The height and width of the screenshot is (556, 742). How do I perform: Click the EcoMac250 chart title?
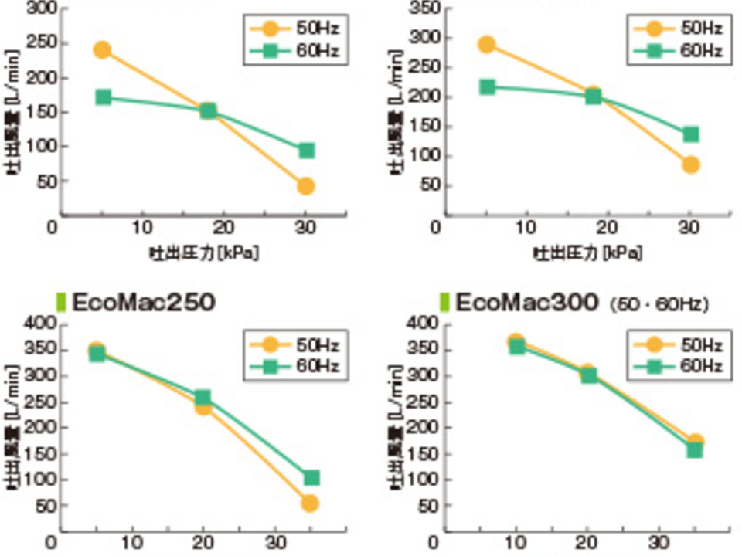(143, 303)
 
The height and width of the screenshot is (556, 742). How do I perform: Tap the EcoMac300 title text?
(526, 303)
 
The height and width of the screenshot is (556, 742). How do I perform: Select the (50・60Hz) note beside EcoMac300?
(659, 305)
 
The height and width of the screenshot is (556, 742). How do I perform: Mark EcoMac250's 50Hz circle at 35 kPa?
(310, 503)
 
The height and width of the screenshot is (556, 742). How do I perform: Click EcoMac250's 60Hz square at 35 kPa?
(311, 478)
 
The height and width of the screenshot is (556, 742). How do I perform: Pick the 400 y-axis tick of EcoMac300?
(419, 324)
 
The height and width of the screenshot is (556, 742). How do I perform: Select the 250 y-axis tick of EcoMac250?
(36, 402)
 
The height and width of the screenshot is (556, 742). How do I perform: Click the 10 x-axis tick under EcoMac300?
(516, 541)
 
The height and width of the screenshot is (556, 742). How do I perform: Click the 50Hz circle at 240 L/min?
(102, 50)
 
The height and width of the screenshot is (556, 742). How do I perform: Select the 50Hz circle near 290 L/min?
(486, 45)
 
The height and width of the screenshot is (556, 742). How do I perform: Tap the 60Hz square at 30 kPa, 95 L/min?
(306, 150)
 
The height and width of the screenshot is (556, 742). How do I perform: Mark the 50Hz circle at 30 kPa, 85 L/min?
(691, 164)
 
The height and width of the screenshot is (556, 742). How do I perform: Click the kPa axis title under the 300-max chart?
(203, 253)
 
